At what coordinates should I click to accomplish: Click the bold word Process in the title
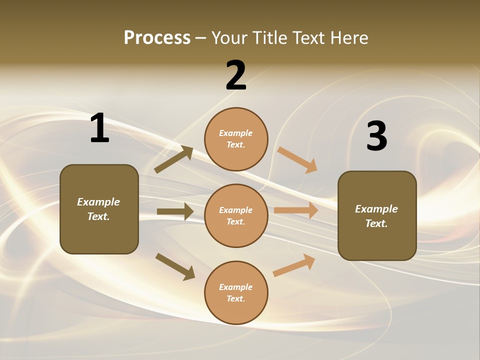point(157,38)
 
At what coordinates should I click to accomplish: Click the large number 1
point(99,128)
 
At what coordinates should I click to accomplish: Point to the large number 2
point(236,75)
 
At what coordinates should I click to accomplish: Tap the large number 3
point(376,136)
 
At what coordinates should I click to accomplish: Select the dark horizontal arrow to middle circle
point(175,211)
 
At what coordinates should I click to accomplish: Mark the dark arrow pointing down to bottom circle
point(175,266)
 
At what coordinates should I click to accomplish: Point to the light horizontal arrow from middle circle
point(296,210)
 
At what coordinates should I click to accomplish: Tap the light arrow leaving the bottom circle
point(294,265)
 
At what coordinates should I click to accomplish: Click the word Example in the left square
point(98,202)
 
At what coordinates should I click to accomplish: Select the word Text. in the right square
point(376,223)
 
